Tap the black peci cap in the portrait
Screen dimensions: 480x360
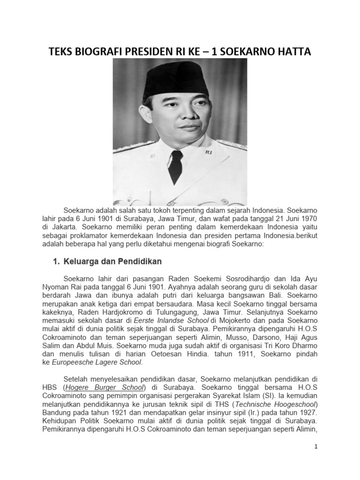[175, 81]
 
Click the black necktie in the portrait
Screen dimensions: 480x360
[176, 166]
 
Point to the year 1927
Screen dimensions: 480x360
[307, 412]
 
